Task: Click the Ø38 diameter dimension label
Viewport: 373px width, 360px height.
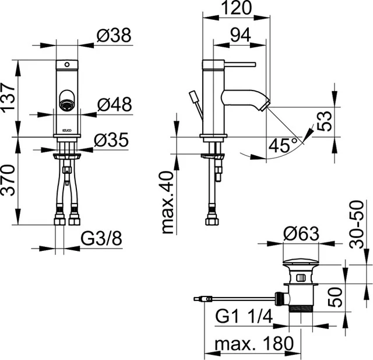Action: click(114, 36)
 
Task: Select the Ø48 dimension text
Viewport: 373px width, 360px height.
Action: click(114, 104)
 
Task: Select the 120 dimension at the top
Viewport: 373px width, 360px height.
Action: click(236, 8)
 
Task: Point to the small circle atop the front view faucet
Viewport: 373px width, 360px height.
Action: click(66, 63)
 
